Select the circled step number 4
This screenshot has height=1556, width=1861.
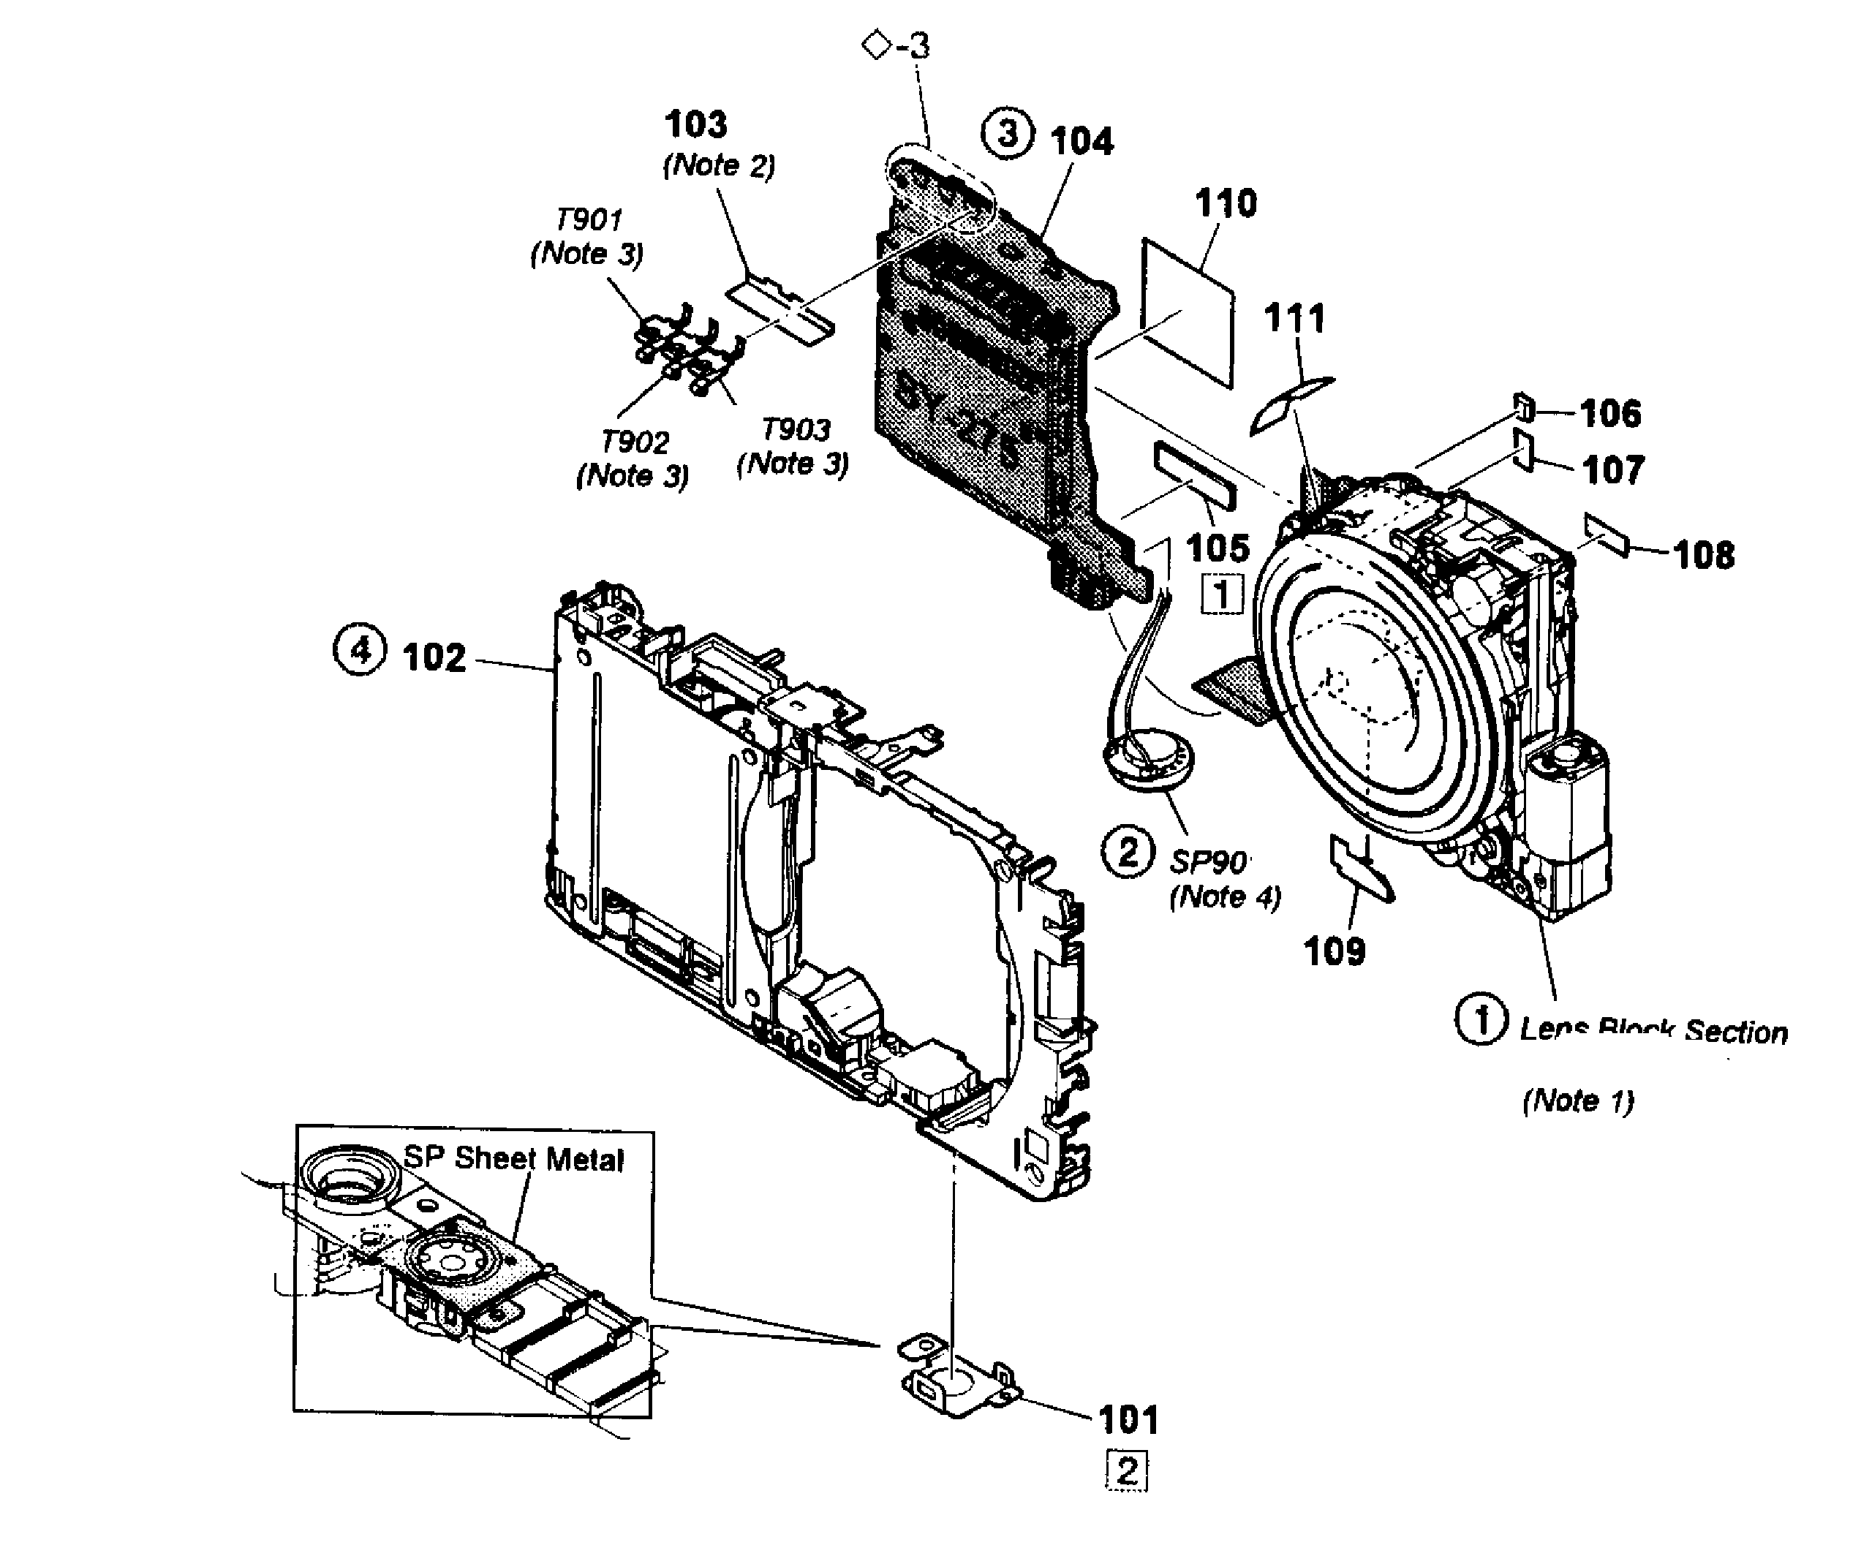[x=360, y=650]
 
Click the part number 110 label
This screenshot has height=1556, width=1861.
[x=1226, y=204]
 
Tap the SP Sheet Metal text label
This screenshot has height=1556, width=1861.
[x=514, y=1159]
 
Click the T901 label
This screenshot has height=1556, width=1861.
[x=589, y=219]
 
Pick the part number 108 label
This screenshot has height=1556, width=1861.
[x=1704, y=556]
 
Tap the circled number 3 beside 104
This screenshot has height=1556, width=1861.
[x=1008, y=135]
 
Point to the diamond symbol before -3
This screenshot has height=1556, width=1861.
[x=875, y=45]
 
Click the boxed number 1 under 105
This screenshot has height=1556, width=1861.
[x=1222, y=594]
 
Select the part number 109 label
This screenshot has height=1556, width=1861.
[x=1335, y=952]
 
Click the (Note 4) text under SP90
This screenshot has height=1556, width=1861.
[x=1226, y=898]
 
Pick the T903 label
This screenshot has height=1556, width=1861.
[x=796, y=430]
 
